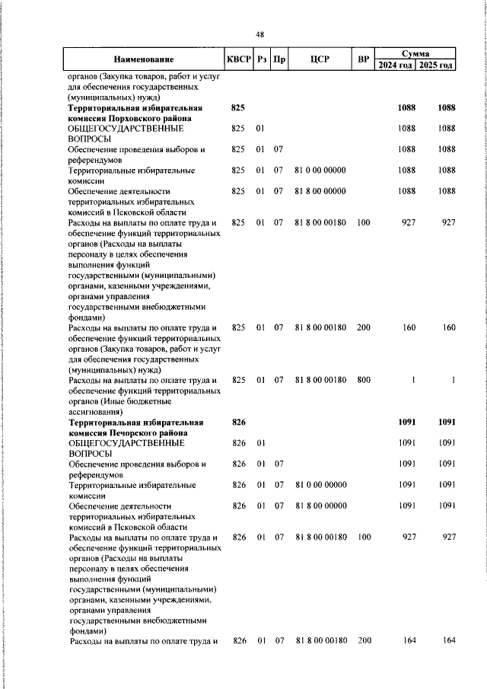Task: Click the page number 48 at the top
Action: [x=259, y=34]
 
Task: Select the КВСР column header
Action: [x=238, y=59]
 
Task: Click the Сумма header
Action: [x=417, y=54]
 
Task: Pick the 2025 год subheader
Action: [x=437, y=65]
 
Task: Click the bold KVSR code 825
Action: [x=237, y=109]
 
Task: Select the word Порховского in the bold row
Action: [x=138, y=120]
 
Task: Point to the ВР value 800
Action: [x=363, y=380]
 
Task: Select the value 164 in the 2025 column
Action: [x=449, y=640]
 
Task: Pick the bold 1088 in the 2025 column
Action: [x=446, y=109]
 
